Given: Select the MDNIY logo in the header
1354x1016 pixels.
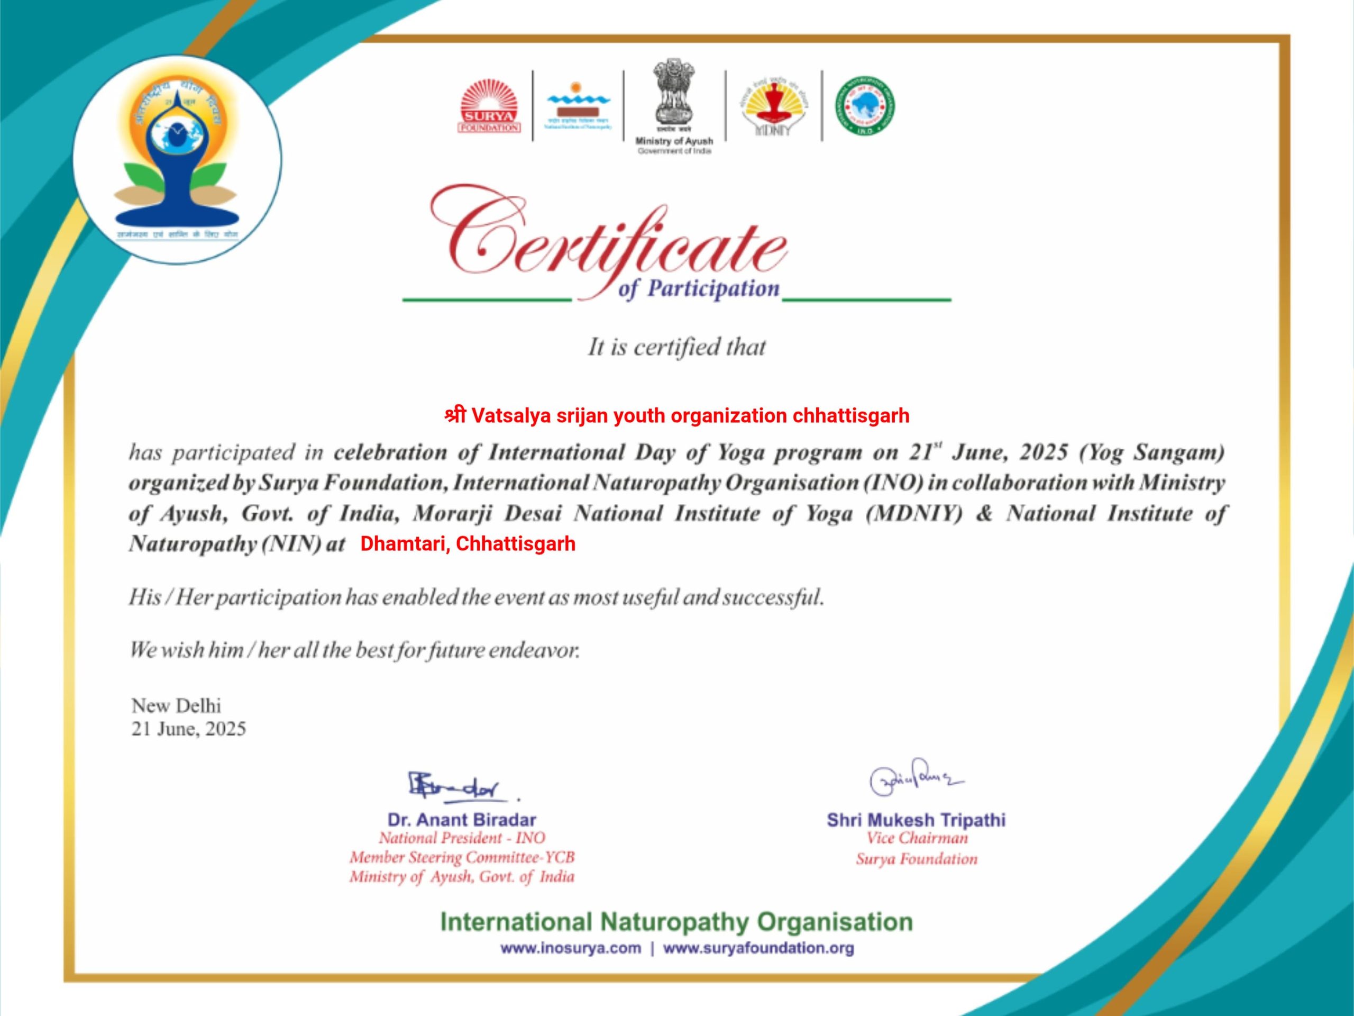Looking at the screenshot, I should [774, 108].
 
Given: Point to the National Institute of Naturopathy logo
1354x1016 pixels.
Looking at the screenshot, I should [579, 105].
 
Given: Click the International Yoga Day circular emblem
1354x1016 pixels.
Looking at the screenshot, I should [178, 160].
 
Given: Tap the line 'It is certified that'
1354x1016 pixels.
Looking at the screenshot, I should [676, 347].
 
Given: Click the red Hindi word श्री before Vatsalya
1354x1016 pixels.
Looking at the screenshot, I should [455, 416].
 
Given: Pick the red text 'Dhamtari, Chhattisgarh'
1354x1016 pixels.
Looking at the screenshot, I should [468, 543].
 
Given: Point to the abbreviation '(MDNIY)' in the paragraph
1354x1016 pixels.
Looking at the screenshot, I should [913, 513].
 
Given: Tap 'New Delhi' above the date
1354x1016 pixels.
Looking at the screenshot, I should [176, 705].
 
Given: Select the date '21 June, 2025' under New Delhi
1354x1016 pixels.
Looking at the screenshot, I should [188, 729].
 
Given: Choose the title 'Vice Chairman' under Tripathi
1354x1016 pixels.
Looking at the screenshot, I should [917, 838].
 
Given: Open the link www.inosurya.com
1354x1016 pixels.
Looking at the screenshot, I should [571, 948].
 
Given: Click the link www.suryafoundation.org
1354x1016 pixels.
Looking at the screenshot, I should [758, 948].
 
